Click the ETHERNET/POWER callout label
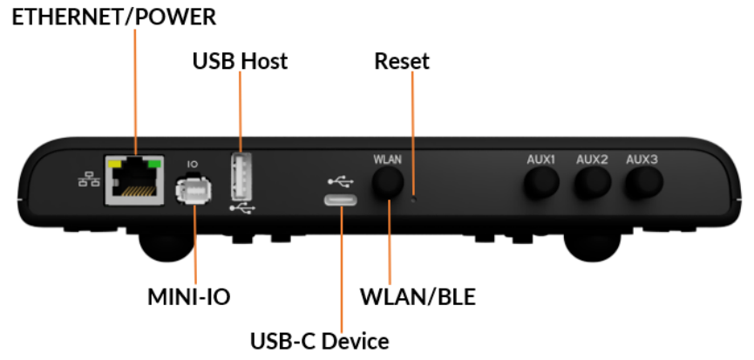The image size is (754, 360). (x=113, y=16)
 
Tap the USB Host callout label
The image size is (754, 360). (x=239, y=61)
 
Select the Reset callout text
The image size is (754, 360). (x=402, y=61)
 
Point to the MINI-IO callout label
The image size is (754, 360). (x=188, y=297)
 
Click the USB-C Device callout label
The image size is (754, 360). (x=319, y=339)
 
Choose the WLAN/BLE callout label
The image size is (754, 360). (x=418, y=297)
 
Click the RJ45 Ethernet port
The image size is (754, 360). (x=133, y=180)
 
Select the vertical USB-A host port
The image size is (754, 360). (x=242, y=177)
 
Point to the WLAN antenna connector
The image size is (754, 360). (x=388, y=183)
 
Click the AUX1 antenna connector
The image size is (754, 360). (x=540, y=183)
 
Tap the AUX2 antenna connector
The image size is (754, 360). (x=592, y=183)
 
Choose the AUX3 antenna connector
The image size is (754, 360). (x=642, y=183)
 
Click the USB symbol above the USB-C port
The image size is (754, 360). (x=342, y=180)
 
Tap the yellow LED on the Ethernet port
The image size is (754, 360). (x=112, y=162)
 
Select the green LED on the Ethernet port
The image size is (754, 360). (x=155, y=162)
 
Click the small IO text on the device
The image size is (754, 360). (x=192, y=163)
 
